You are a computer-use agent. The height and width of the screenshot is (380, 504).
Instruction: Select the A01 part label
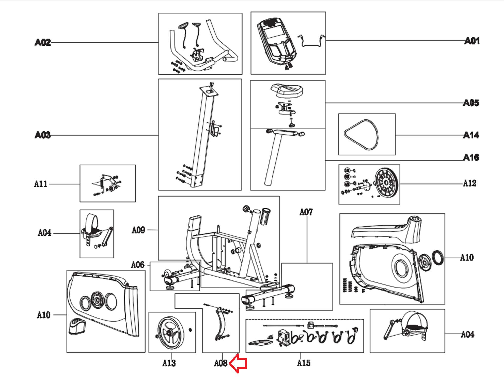click(x=472, y=41)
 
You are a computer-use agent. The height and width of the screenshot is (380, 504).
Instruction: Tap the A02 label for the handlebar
click(x=43, y=42)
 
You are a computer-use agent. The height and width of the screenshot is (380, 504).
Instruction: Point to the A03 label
click(x=43, y=135)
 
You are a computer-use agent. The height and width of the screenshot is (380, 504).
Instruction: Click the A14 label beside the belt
click(x=471, y=135)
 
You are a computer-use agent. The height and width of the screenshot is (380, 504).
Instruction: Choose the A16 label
click(x=471, y=158)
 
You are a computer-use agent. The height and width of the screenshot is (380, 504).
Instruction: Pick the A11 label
click(x=41, y=184)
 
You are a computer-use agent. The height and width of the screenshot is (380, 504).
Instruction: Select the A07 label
click(x=306, y=212)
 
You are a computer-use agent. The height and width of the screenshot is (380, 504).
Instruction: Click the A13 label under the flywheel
click(x=169, y=363)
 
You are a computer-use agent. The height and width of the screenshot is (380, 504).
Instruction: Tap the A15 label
click(x=304, y=363)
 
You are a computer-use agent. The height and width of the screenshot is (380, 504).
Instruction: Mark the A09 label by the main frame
click(x=138, y=230)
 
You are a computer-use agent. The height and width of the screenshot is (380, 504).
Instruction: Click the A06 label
click(x=138, y=265)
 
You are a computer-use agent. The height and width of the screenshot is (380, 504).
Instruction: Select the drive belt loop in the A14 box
click(x=361, y=135)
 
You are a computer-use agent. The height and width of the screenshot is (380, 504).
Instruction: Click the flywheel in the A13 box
click(x=171, y=332)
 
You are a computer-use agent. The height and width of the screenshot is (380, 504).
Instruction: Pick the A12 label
click(x=470, y=183)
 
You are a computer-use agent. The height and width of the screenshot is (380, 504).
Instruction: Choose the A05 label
click(x=471, y=103)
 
